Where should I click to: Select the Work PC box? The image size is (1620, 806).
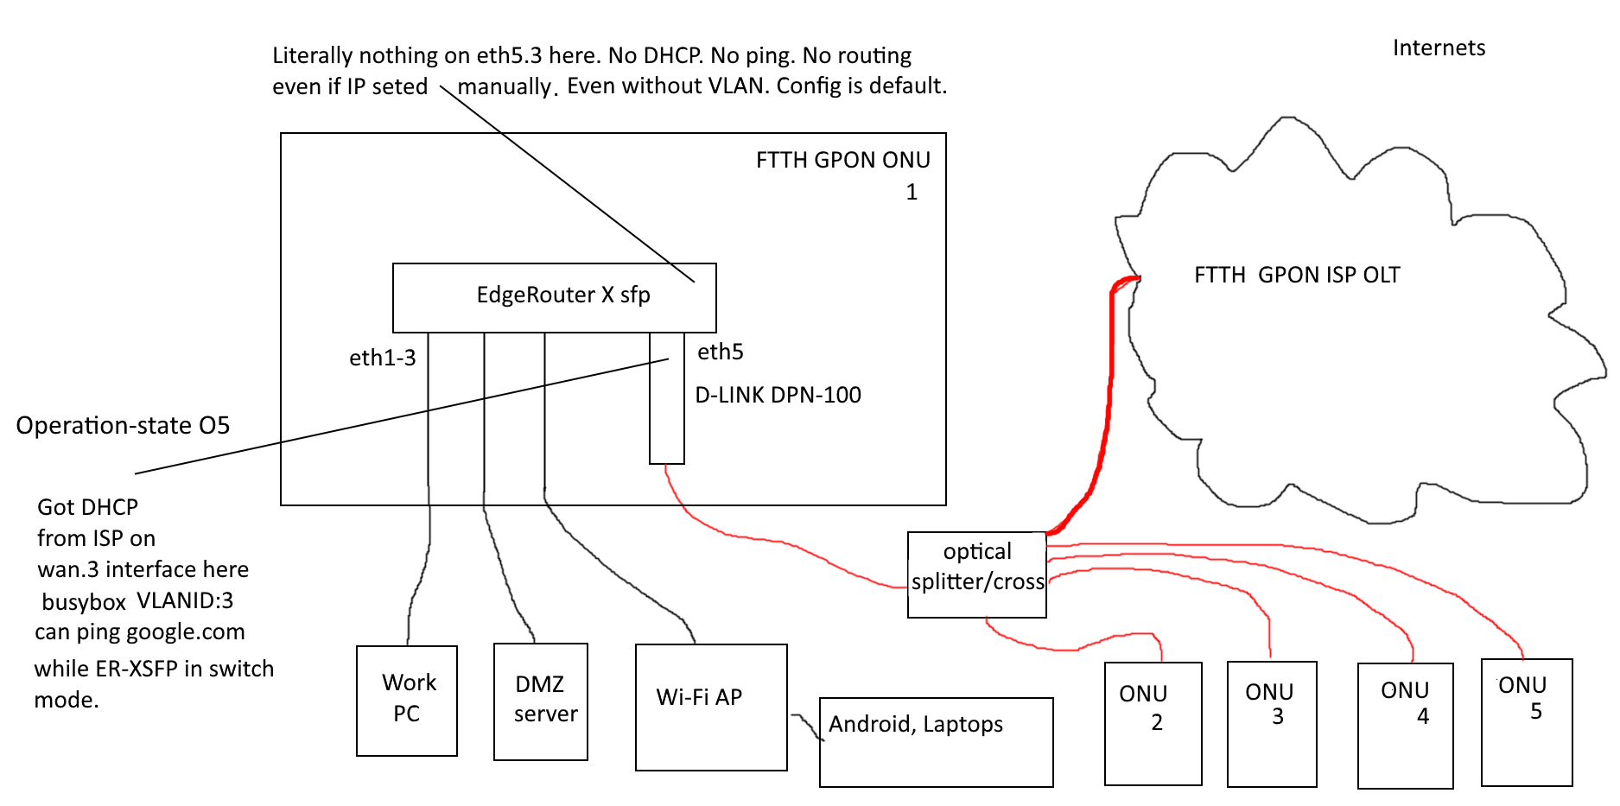tap(407, 701)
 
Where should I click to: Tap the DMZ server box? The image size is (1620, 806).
tap(541, 701)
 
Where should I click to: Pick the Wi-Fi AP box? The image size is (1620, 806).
tap(711, 707)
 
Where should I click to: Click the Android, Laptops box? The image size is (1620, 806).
tap(936, 742)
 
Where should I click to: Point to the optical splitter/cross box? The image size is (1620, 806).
tap(976, 574)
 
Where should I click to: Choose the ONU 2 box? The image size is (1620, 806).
tap(1153, 723)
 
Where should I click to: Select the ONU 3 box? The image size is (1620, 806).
tap(1272, 723)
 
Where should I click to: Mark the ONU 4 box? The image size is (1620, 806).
tap(1405, 725)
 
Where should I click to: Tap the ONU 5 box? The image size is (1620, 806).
tap(1526, 721)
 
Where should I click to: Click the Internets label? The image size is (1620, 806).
tap(1439, 48)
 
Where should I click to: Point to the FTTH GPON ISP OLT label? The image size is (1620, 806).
tap(1297, 275)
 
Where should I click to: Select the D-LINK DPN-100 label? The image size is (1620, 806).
tap(778, 395)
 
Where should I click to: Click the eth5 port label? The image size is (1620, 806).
tap(720, 352)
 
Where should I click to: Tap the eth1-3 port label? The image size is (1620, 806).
tap(382, 358)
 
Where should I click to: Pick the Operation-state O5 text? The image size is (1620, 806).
tap(123, 426)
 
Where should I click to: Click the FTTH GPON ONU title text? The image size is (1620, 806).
tap(842, 161)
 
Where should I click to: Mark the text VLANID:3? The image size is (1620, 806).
tap(185, 600)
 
